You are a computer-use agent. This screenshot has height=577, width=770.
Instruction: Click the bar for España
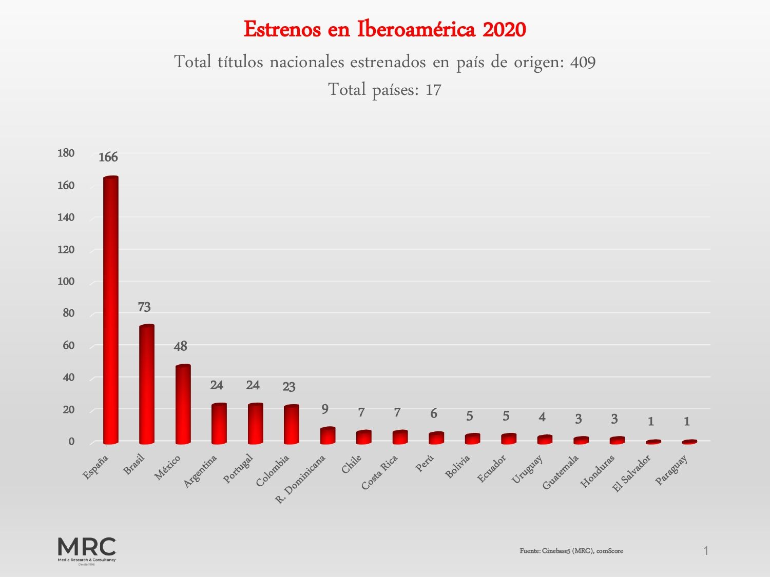coord(111,310)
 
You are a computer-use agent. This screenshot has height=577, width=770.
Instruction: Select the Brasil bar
coord(147,385)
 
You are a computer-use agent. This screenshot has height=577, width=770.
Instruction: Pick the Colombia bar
coord(291,425)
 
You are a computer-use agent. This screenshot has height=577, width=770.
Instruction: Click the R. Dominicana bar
coord(328,435)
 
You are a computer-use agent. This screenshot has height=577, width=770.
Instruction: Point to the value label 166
coord(108,157)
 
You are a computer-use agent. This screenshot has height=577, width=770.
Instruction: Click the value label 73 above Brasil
coord(144,307)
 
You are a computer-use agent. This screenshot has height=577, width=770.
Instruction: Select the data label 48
coord(181,347)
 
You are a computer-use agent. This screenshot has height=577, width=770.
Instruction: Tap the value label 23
coord(289,387)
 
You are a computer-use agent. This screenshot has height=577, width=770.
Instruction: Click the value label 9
coord(325,409)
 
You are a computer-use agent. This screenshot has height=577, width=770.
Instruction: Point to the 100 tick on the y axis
coord(66,282)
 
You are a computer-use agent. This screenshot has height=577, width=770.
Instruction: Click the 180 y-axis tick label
coord(66,153)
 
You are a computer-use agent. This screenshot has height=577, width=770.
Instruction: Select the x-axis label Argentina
coord(201,471)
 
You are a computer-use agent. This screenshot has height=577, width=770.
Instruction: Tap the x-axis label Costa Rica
coord(380,472)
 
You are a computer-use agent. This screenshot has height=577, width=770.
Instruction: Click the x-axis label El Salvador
coord(632,473)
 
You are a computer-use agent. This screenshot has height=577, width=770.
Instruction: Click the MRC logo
coord(87,550)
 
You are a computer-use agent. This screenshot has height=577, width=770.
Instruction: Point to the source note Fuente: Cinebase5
coord(571,551)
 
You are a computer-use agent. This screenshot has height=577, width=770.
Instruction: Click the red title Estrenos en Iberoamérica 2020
coord(385,29)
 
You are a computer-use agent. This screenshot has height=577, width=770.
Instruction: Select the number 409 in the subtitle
coord(583,63)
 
